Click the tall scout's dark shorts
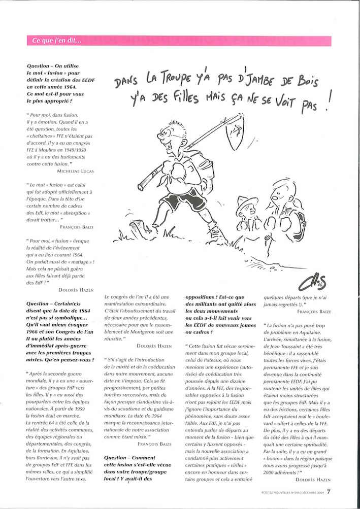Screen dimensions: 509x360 [175, 200]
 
